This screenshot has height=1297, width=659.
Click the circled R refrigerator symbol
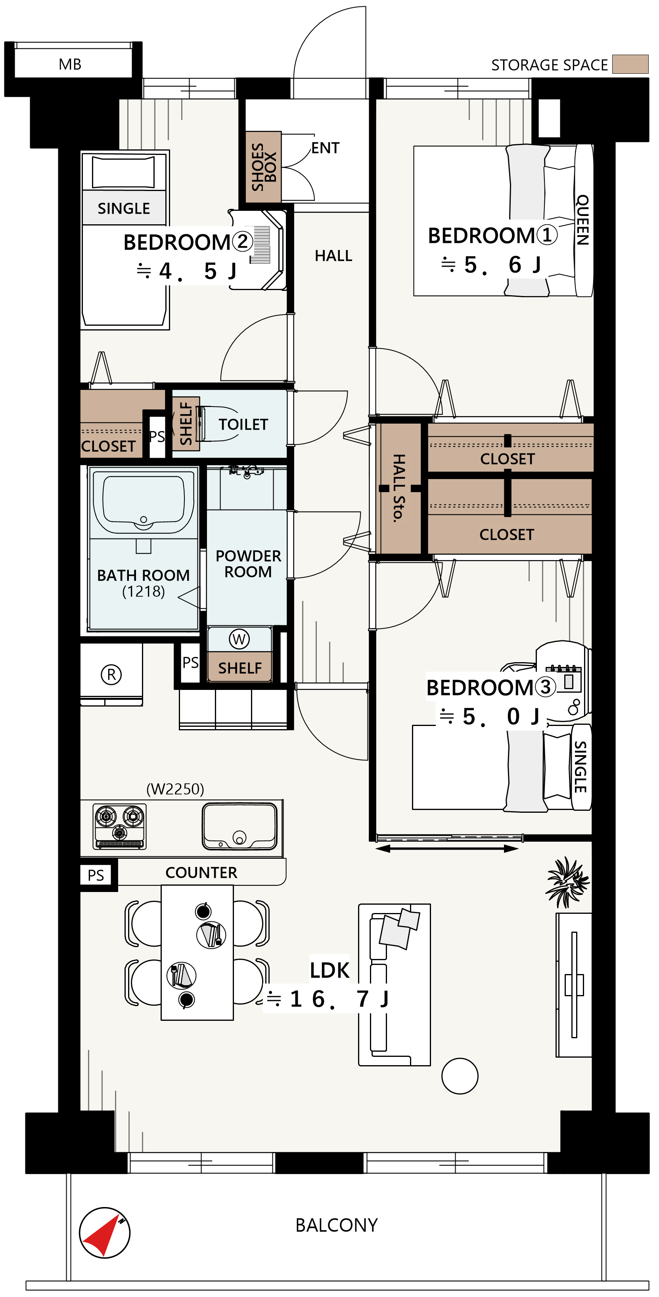point(111,674)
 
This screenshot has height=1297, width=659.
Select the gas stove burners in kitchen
point(120,826)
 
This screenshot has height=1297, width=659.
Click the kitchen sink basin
point(239,826)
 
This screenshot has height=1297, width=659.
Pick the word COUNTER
point(201,873)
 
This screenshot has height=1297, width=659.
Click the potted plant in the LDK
point(568,882)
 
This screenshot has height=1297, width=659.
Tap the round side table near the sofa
point(460,1075)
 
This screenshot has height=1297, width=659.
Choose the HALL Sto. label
point(398,488)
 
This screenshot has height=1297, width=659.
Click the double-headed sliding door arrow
point(446,849)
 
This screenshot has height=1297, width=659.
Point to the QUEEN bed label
point(582,220)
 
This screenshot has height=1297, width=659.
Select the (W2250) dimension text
point(175,789)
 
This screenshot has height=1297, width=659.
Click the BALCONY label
point(337,1225)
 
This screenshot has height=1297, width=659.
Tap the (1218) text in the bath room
point(144,591)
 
